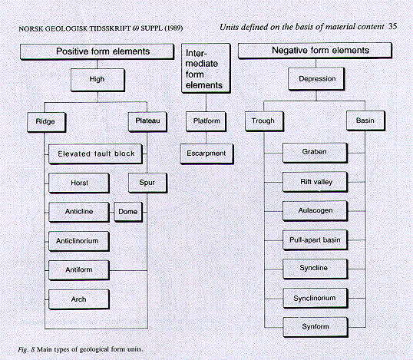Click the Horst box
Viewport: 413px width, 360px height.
79,183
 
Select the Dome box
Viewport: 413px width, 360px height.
128,212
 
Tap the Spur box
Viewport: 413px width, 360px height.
147,183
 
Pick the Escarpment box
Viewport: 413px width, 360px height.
206,154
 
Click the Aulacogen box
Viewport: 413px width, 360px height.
315,211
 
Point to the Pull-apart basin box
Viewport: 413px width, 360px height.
315,240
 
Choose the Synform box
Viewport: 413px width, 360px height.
316,327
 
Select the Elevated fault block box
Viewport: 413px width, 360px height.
96,154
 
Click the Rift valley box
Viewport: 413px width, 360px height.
315,182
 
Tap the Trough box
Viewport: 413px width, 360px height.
264,121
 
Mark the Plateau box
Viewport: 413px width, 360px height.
147,122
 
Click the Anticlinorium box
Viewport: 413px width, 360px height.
79,241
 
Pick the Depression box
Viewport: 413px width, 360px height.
316,79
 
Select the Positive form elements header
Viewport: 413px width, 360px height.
97,51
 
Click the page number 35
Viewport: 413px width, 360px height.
392,26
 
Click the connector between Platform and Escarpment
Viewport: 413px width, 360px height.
206,137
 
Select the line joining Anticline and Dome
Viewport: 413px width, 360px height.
111,212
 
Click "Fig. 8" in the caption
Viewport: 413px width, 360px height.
26,350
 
